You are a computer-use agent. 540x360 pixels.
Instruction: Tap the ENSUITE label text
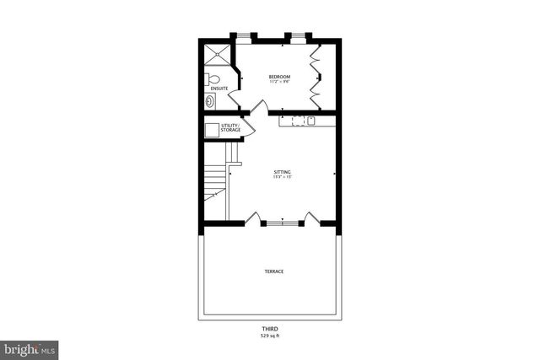[219, 88]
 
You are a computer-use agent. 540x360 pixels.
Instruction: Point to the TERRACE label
[273, 271]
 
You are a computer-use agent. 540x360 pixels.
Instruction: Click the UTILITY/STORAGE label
[230, 127]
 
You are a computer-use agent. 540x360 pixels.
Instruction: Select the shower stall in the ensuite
[216, 54]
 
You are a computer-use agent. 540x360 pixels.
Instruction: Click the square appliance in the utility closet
[211, 129]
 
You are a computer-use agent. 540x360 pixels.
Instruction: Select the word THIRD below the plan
[270, 329]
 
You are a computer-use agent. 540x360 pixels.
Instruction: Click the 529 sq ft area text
[270, 336]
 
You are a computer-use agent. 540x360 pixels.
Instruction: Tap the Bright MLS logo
[30, 348]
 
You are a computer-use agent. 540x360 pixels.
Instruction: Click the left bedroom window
[243, 36]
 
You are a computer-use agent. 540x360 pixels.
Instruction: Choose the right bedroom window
[298, 36]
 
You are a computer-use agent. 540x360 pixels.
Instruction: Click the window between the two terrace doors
[282, 223]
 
